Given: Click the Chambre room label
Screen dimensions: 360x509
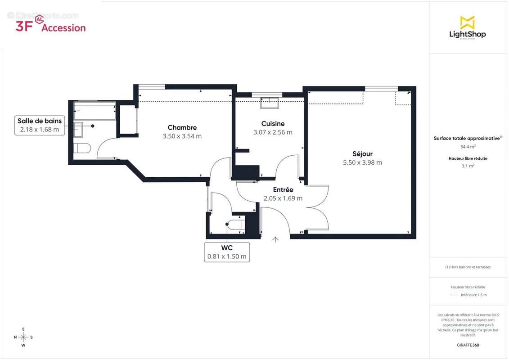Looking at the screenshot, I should (182, 127).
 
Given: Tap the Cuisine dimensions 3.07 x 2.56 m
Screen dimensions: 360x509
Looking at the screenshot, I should (273, 132).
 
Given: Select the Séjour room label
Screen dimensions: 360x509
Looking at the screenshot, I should (362, 154).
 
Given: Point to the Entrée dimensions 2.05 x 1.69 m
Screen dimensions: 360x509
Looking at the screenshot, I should (283, 198).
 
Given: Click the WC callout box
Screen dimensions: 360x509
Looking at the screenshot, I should (227, 252).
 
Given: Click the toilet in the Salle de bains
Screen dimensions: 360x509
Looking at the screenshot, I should (82, 148).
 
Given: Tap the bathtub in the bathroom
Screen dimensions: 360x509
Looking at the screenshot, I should (95, 111).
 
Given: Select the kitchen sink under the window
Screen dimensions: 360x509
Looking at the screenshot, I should (269, 103).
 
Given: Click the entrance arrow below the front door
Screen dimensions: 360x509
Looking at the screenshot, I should (275, 239).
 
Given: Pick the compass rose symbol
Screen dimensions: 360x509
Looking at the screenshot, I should (23, 337).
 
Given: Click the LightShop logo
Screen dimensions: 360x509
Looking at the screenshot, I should (467, 28).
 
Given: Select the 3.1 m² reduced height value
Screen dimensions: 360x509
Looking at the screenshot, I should (468, 166).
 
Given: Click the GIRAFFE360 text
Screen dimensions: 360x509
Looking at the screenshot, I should (468, 345).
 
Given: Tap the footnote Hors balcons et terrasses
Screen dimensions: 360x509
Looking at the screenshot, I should (468, 267).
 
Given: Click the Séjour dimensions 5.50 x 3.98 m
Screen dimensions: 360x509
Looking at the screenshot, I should (362, 163).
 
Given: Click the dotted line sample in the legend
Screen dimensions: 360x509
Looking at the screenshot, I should (454, 295).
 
